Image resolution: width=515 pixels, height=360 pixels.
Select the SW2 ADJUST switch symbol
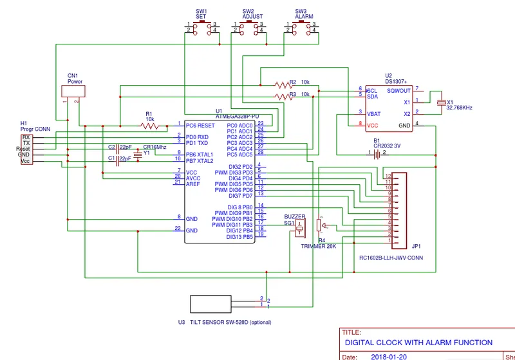point(248,26)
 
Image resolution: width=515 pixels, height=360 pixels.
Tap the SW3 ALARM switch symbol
point(301,26)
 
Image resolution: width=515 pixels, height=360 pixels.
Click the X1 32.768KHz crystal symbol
point(441,102)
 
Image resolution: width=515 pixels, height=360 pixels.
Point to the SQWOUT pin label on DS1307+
point(399,91)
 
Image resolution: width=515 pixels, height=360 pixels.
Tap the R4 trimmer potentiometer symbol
point(320,226)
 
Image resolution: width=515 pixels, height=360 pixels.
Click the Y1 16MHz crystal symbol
point(137,154)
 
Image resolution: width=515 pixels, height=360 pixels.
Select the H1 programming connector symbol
point(26,149)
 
